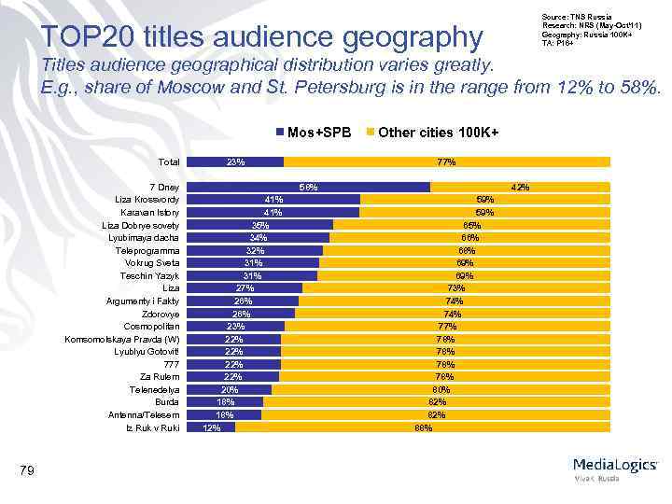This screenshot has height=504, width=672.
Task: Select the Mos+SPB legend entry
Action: coord(313,133)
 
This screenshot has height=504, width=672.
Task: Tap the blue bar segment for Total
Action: coord(236,161)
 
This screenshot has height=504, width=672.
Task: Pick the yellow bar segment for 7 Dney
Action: coord(520,187)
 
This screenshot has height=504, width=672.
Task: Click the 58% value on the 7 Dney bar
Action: coord(308,187)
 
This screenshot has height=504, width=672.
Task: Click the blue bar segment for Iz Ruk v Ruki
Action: coord(212,427)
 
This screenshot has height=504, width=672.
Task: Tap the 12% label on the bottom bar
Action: coord(212,427)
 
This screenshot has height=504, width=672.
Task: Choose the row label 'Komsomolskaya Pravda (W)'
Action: coord(122,339)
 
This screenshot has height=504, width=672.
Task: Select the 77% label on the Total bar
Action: coord(446,161)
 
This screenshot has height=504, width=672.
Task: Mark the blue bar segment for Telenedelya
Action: coord(230,389)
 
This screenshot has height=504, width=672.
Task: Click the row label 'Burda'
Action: coord(166,402)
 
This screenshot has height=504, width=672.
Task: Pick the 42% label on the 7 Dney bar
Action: coord(520,187)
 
